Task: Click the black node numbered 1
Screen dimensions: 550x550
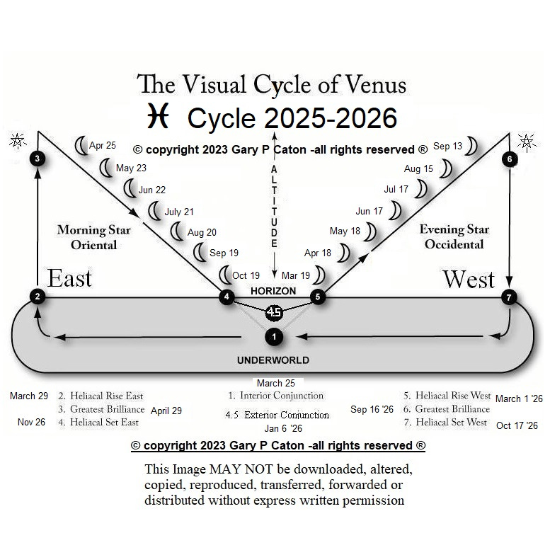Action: (x=275, y=336)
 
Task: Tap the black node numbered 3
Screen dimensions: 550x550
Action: (x=38, y=159)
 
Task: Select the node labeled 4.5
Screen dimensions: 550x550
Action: (x=274, y=311)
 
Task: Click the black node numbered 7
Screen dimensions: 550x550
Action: (x=509, y=297)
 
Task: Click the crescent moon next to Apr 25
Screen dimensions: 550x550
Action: (x=81, y=145)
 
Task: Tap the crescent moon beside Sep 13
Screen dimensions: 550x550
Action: (x=471, y=147)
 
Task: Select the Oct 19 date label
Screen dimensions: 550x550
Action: (x=246, y=275)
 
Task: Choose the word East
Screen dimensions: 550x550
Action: (x=69, y=278)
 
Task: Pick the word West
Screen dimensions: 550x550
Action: (x=468, y=279)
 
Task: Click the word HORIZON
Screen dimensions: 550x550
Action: (x=273, y=291)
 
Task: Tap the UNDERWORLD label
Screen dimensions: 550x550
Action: (x=273, y=360)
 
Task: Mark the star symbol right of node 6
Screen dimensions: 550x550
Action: (x=527, y=142)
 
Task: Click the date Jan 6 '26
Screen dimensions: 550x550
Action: (x=283, y=428)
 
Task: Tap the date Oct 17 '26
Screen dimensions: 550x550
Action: (x=517, y=425)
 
